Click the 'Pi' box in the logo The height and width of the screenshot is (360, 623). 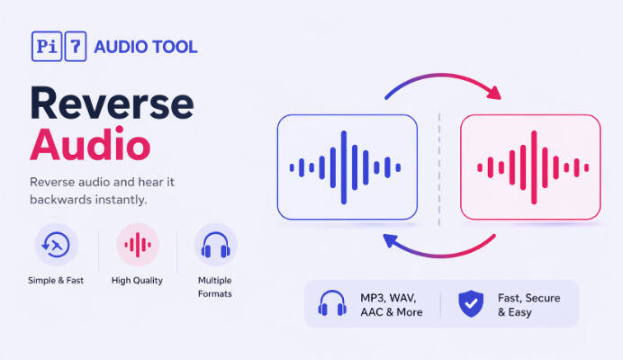point(46,46)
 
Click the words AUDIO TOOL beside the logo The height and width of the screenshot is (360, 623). point(146,47)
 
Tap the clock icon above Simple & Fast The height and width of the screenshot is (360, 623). point(56,245)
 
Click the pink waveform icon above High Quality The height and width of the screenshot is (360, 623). point(137,245)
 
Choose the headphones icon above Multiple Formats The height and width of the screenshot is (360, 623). point(215,245)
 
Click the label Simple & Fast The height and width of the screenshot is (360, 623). point(56,281)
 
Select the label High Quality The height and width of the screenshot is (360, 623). point(137,281)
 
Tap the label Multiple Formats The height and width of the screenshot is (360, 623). point(215,287)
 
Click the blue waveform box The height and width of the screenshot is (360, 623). point(348,167)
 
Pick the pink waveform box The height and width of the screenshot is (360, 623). point(530,167)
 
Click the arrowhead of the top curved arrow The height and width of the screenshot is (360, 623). point(492,91)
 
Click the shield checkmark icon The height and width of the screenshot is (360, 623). point(470,304)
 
